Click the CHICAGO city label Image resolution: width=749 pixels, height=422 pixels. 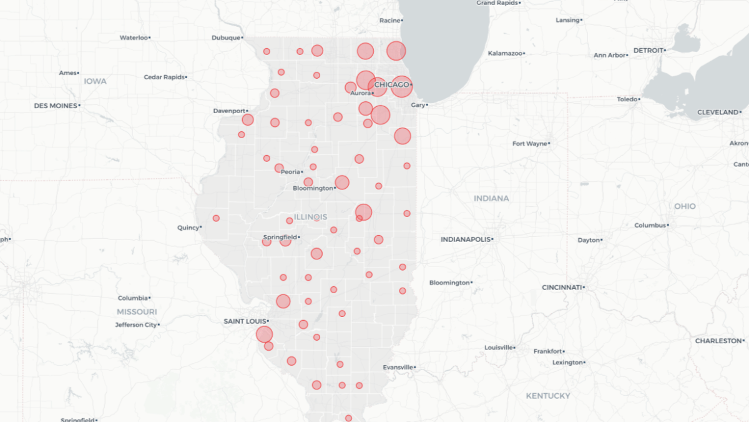(391, 84)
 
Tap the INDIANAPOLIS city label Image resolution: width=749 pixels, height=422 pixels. (466, 239)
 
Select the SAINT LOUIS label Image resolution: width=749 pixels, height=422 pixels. (245, 321)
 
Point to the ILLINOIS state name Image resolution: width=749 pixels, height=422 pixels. (310, 217)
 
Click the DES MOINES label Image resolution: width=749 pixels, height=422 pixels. (55, 106)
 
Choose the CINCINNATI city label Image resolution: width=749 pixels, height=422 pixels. (562, 288)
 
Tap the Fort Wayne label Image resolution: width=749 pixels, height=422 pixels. (529, 144)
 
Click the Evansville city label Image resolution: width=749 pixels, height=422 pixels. (398, 367)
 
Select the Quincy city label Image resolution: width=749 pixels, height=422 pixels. (188, 228)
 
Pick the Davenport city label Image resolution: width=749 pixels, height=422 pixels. (229, 111)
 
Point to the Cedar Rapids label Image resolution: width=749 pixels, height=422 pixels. (164, 77)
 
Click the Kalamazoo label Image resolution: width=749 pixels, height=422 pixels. (505, 53)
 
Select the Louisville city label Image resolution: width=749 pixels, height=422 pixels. (499, 348)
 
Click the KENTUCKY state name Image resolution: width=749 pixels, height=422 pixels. (547, 396)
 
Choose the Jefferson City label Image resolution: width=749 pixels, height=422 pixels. (135, 324)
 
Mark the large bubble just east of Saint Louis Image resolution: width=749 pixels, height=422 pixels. (265, 334)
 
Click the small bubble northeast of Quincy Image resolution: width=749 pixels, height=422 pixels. (216, 218)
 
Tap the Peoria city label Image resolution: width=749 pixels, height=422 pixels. (290, 172)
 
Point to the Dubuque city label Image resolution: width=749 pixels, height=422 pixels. (226, 38)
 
